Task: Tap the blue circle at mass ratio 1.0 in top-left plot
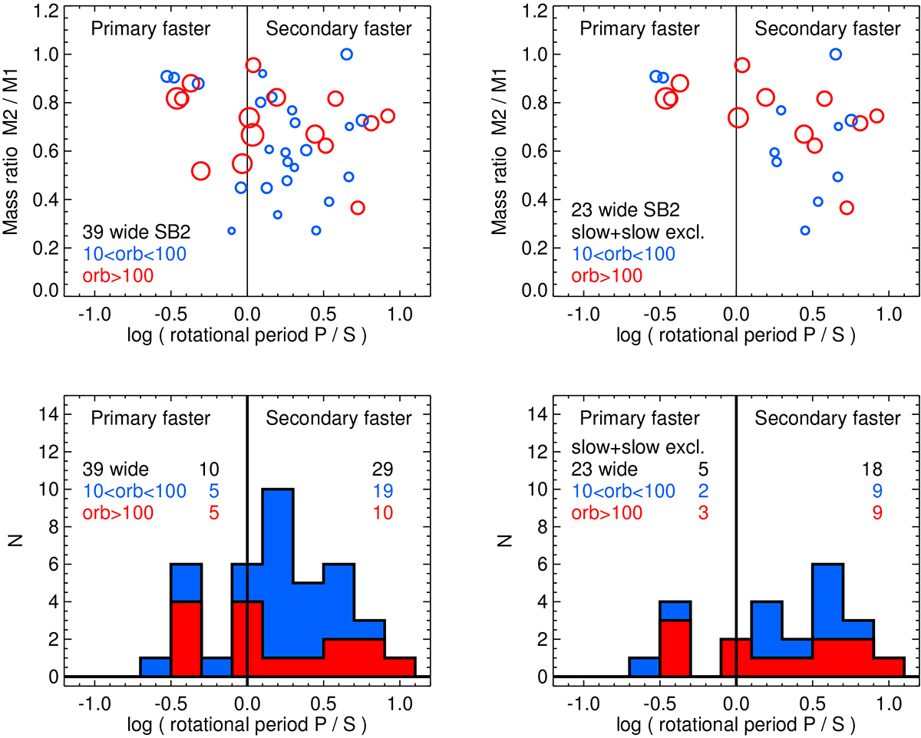pos(346,54)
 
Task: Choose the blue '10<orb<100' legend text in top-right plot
pos(622,254)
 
